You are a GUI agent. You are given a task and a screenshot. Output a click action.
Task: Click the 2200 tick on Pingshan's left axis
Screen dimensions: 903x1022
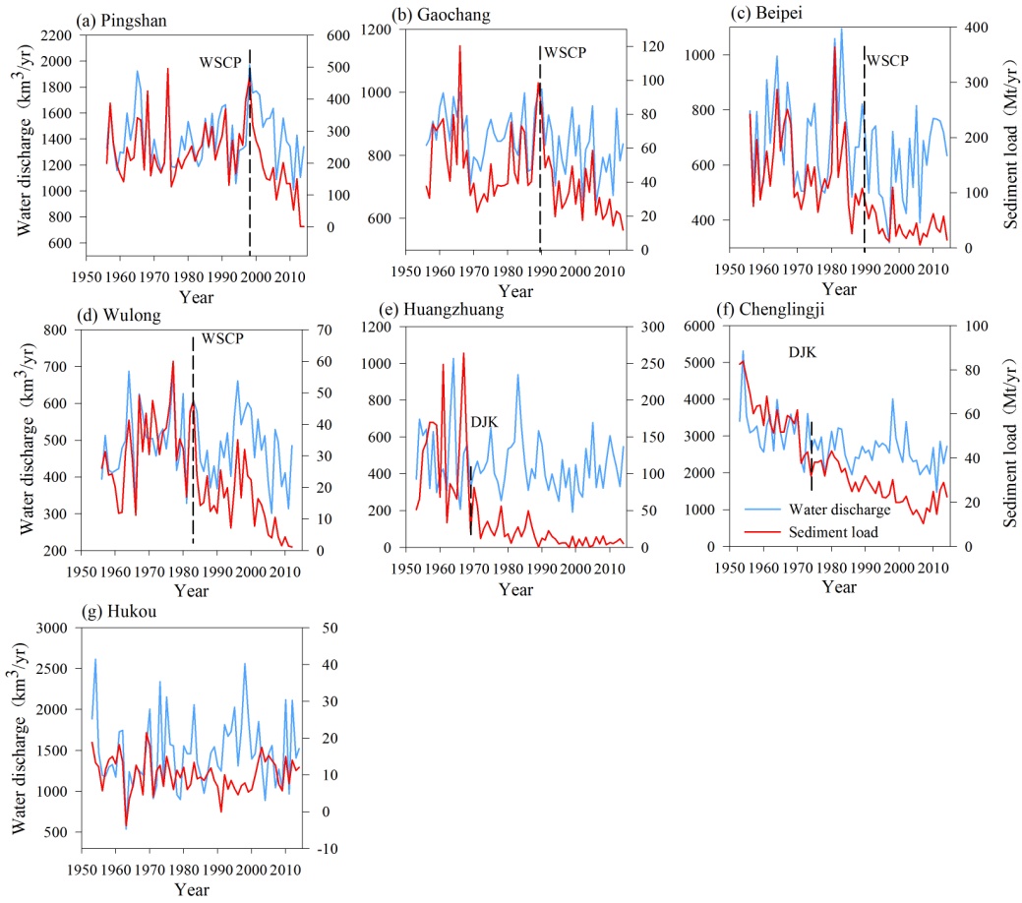pos(61,35)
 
